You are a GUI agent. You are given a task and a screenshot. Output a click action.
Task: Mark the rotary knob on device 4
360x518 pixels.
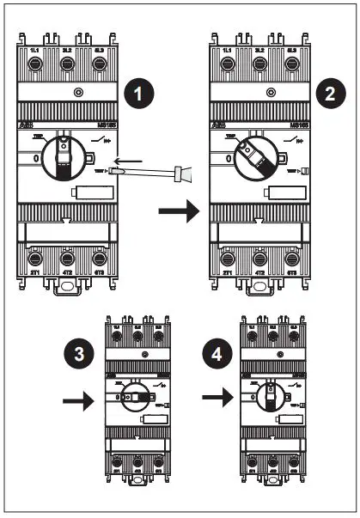[x=269, y=399]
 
